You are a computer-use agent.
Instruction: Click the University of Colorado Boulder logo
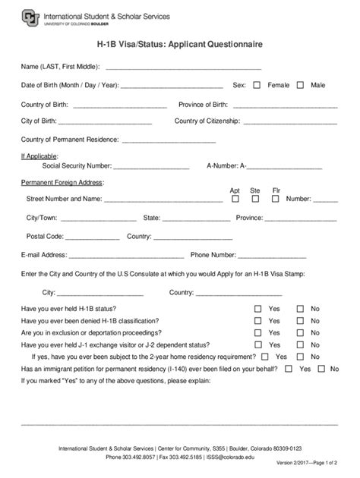pos(30,18)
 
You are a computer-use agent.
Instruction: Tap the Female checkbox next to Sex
pos(257,85)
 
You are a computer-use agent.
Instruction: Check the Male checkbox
pos(300,85)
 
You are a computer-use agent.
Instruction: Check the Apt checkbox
pos(235,199)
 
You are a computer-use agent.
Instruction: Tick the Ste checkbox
pos(255,199)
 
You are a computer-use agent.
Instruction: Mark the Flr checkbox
pos(276,199)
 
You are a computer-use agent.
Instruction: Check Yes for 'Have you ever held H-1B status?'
pos(257,309)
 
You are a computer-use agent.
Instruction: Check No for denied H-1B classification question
pos(300,321)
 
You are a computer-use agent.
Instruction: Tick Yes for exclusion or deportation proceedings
pos(257,332)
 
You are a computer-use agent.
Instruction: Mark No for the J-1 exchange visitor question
pos(300,344)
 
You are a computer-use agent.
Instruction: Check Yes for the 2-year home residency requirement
pos(264,356)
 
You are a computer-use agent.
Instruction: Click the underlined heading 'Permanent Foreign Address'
pos(62,182)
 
